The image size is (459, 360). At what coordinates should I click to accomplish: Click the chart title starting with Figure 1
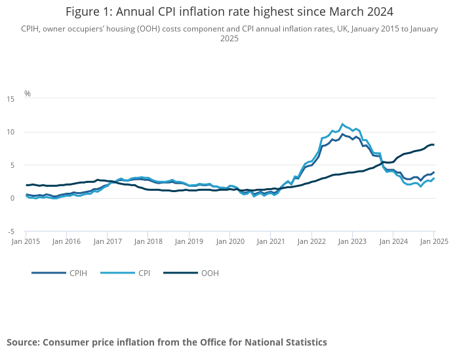click(229, 12)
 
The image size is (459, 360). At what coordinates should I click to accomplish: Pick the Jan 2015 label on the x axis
click(26, 241)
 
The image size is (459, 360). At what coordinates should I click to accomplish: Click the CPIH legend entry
click(78, 273)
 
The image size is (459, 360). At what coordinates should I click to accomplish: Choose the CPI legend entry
click(144, 273)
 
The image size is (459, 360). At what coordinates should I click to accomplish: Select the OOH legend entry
click(210, 273)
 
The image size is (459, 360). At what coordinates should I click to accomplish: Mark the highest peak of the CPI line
click(342, 123)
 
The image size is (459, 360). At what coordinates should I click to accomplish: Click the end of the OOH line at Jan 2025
click(433, 144)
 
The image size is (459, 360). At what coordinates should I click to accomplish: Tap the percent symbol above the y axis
click(28, 94)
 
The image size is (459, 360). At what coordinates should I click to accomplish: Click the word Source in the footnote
click(24, 342)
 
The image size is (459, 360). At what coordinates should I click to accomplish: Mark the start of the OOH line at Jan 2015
click(26, 185)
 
